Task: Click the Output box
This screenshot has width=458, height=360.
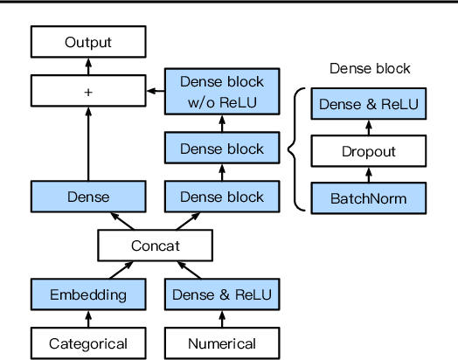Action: coord(87,41)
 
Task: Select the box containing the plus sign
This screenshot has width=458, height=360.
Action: coord(87,89)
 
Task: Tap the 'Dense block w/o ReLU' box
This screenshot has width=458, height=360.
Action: coord(221,91)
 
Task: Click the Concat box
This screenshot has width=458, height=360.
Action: coord(155,246)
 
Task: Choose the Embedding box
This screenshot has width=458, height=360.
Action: coord(87,294)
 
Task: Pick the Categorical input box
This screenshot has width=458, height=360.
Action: coord(87,343)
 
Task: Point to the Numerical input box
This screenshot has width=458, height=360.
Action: coord(222,343)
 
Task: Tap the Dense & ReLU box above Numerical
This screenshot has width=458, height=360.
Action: coord(222,294)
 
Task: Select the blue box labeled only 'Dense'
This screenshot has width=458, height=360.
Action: coord(87,197)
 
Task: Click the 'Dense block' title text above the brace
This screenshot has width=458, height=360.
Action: coord(369,68)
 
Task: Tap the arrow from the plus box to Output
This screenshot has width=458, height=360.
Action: coord(87,65)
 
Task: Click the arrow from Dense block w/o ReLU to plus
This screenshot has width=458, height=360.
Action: coord(156,89)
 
